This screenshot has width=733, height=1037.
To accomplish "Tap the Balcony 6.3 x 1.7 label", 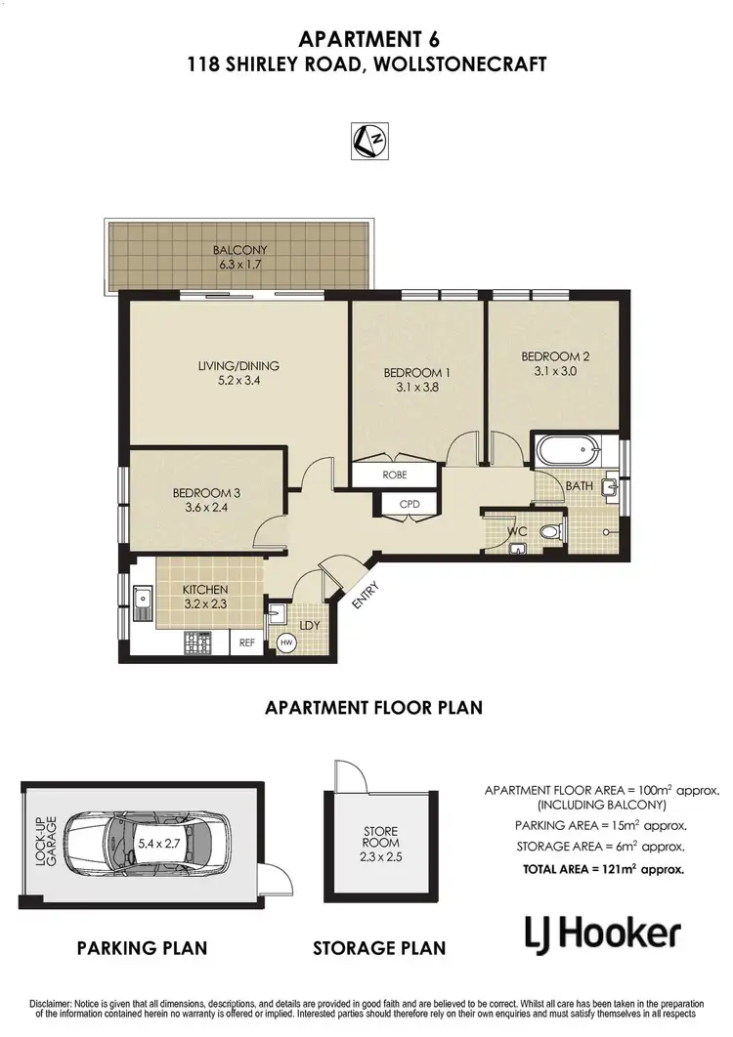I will (x=239, y=257).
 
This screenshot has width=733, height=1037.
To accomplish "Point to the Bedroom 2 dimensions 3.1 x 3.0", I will (x=555, y=370).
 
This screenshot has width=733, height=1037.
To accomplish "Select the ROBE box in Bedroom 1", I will (x=394, y=475).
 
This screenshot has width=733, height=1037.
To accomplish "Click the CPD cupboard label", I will (x=410, y=504).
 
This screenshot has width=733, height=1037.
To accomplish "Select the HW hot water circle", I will (x=286, y=643).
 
